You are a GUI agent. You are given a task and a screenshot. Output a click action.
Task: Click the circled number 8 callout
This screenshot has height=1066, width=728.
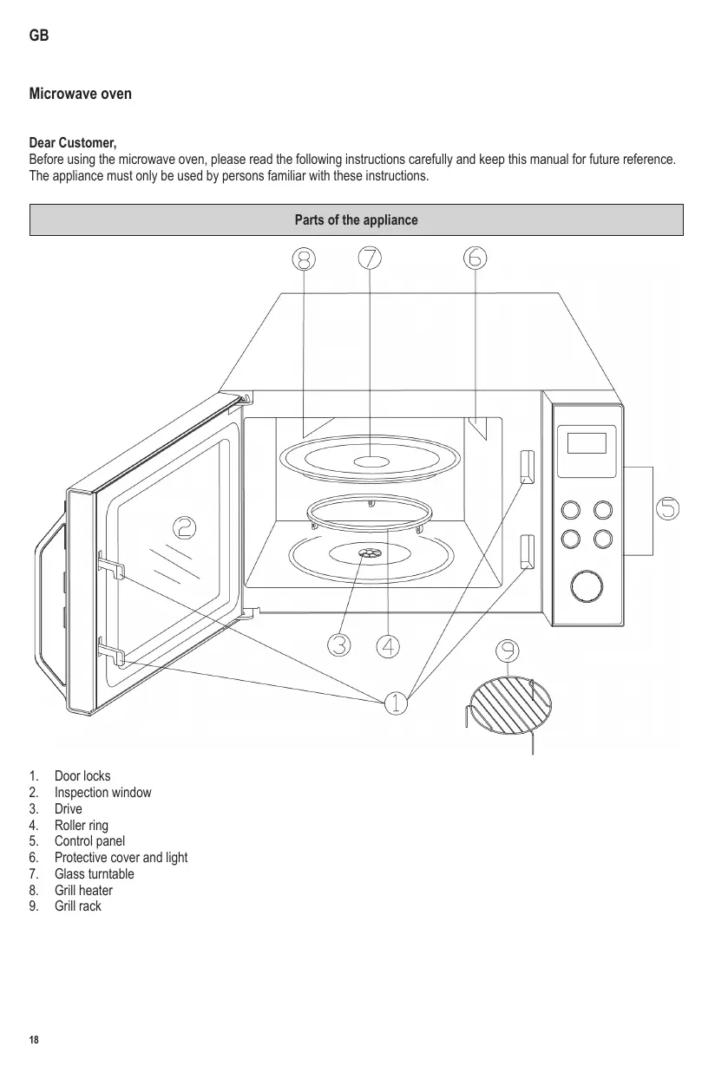coord(304,258)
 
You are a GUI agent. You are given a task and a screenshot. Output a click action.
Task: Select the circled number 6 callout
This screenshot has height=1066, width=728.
coord(475,258)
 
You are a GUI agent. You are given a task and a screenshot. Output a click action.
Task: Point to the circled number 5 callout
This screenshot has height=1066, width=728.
coord(667,507)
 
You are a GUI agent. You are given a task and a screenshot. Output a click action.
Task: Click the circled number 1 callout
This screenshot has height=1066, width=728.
coord(396,702)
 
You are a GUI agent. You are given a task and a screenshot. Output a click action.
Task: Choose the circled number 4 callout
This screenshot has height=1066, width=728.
coord(389,645)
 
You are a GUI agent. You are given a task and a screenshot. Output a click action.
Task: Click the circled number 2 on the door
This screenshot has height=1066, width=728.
coord(184,527)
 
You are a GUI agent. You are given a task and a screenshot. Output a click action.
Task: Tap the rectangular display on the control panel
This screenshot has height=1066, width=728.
coord(587,442)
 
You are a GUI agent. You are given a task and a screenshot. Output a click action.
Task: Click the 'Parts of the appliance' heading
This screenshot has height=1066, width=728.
coord(356,220)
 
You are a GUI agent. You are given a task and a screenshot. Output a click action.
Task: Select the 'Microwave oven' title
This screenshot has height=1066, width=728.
coord(81,94)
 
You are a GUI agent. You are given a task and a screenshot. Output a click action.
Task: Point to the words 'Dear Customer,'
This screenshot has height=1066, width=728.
coord(73,142)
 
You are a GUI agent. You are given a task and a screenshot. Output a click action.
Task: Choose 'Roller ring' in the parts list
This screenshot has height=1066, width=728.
coord(82,825)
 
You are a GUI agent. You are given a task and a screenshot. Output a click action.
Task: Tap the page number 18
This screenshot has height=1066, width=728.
coord(34,1040)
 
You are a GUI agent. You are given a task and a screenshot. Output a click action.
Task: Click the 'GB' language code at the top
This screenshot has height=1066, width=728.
coord(39,36)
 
